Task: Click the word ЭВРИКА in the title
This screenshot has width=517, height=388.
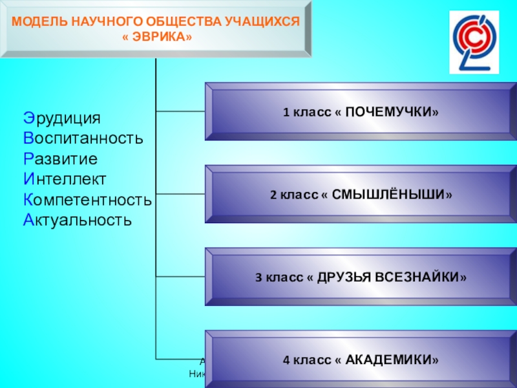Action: (158, 37)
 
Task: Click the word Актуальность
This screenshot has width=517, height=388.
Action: (78, 220)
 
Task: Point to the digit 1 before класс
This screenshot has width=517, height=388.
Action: (286, 113)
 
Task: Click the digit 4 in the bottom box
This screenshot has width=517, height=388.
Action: (286, 359)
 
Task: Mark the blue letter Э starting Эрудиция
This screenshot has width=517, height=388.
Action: (28, 118)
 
